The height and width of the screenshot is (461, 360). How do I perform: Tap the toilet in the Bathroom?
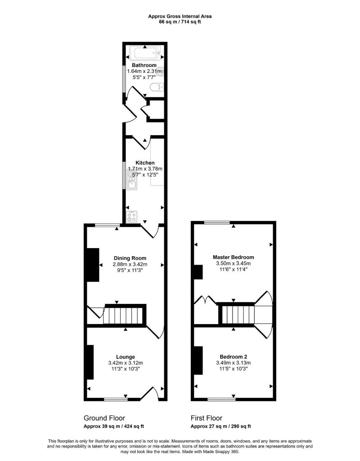156,87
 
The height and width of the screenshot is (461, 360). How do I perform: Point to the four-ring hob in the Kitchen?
133,217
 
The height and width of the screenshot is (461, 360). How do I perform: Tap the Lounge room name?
126,357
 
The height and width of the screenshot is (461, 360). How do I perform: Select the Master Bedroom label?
233,257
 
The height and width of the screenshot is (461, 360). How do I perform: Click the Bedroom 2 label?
233,356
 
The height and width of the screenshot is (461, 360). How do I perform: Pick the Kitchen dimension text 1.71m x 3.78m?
141,169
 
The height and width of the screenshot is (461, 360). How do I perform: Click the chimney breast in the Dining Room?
93,265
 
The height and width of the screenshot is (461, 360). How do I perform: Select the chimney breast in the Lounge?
90,362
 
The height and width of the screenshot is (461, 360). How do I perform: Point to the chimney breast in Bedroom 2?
198,360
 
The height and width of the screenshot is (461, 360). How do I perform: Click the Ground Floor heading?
104,418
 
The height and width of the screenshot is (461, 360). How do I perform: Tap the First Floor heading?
207,418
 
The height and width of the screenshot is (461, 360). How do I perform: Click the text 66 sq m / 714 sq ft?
180,22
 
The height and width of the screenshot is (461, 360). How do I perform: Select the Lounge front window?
115,399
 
